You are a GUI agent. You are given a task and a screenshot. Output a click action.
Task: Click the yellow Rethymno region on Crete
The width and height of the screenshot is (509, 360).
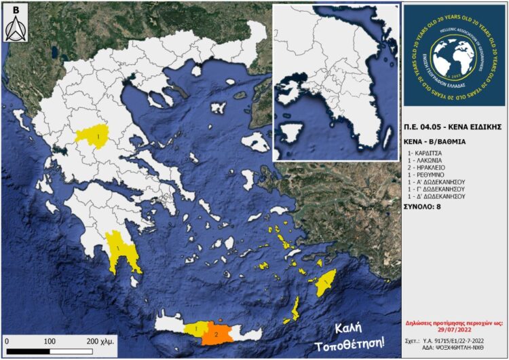195,329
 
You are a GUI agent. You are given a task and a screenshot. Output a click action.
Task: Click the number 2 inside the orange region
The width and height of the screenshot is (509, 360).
216,334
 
